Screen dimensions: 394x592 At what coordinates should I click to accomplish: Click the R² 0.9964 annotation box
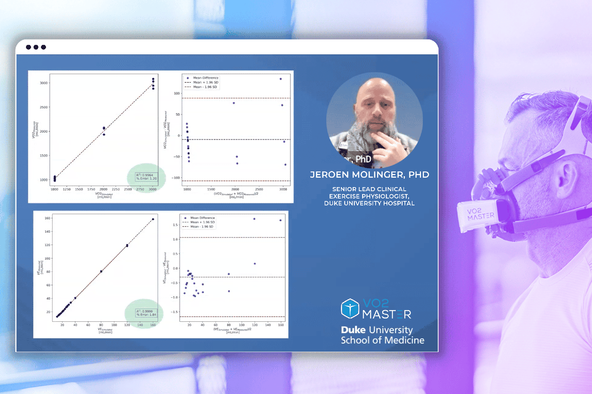click(147, 177)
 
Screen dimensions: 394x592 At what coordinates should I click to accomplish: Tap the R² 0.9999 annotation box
click(146, 313)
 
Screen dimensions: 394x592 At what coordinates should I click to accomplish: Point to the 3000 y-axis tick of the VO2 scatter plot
click(43, 83)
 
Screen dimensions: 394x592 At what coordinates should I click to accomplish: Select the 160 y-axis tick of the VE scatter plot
click(48, 218)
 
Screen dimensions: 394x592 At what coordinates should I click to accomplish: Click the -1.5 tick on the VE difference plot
click(175, 312)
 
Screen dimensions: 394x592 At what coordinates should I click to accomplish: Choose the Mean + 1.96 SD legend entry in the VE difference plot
click(202, 222)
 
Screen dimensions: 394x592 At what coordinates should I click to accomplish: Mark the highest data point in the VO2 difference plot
click(281, 79)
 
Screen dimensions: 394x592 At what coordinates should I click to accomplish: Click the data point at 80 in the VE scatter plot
click(101, 271)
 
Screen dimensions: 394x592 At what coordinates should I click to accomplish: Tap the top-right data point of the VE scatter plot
click(153, 219)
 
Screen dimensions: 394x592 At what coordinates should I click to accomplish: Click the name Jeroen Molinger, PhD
click(369, 175)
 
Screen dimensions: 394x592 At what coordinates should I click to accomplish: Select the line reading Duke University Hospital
click(369, 203)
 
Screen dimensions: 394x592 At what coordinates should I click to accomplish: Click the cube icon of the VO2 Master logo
click(350, 309)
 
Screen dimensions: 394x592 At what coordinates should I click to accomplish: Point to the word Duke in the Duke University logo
click(353, 330)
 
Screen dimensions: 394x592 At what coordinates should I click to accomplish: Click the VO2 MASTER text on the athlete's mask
click(480, 214)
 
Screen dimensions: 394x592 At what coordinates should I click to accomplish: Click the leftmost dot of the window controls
click(29, 47)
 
